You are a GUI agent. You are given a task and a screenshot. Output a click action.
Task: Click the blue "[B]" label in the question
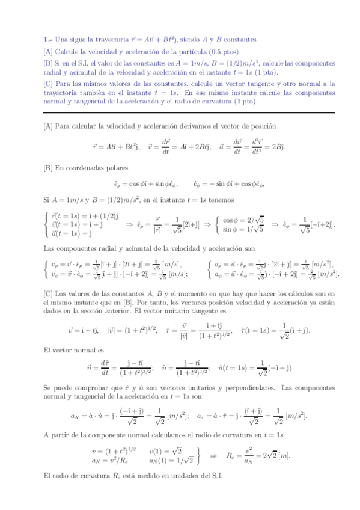point(48,63)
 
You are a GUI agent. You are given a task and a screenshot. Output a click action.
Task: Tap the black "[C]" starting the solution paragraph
point(48,293)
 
